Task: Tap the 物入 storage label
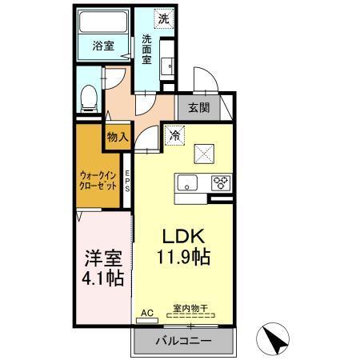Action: [x=118, y=137]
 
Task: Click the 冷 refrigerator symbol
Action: [x=175, y=136]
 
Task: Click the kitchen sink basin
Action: [x=186, y=181]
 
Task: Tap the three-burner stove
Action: [x=221, y=182]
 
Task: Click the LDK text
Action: [x=186, y=237]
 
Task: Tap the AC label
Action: [x=146, y=312]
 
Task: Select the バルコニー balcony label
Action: [x=184, y=341]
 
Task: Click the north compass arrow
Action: [x=277, y=339]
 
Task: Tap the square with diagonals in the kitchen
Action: [x=202, y=150]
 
